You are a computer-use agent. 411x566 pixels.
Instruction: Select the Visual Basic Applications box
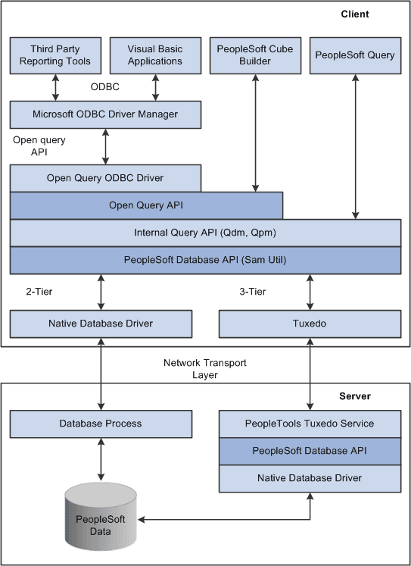[155, 55]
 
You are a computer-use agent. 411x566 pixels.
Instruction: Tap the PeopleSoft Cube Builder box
[255, 55]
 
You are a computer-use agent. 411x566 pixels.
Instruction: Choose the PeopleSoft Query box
[355, 55]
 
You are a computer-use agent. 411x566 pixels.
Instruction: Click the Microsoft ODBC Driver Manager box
[105, 114]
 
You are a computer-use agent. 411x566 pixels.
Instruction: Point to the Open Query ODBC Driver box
[105, 178]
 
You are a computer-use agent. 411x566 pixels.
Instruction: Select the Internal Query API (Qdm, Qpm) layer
[205, 233]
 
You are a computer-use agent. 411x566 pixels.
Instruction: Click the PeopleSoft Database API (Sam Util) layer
[205, 259]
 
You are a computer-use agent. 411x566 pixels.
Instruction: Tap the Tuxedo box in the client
[310, 324]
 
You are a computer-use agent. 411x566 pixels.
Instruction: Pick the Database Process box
[101, 423]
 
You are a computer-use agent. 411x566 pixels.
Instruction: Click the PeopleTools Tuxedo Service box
[310, 423]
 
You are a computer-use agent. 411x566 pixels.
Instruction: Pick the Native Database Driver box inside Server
[310, 477]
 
